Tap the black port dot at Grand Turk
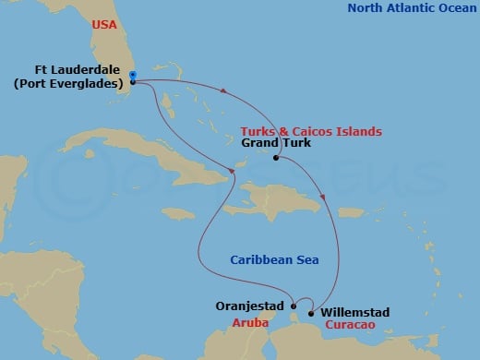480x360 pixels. [276, 159]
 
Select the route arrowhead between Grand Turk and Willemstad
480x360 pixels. [323, 197]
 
